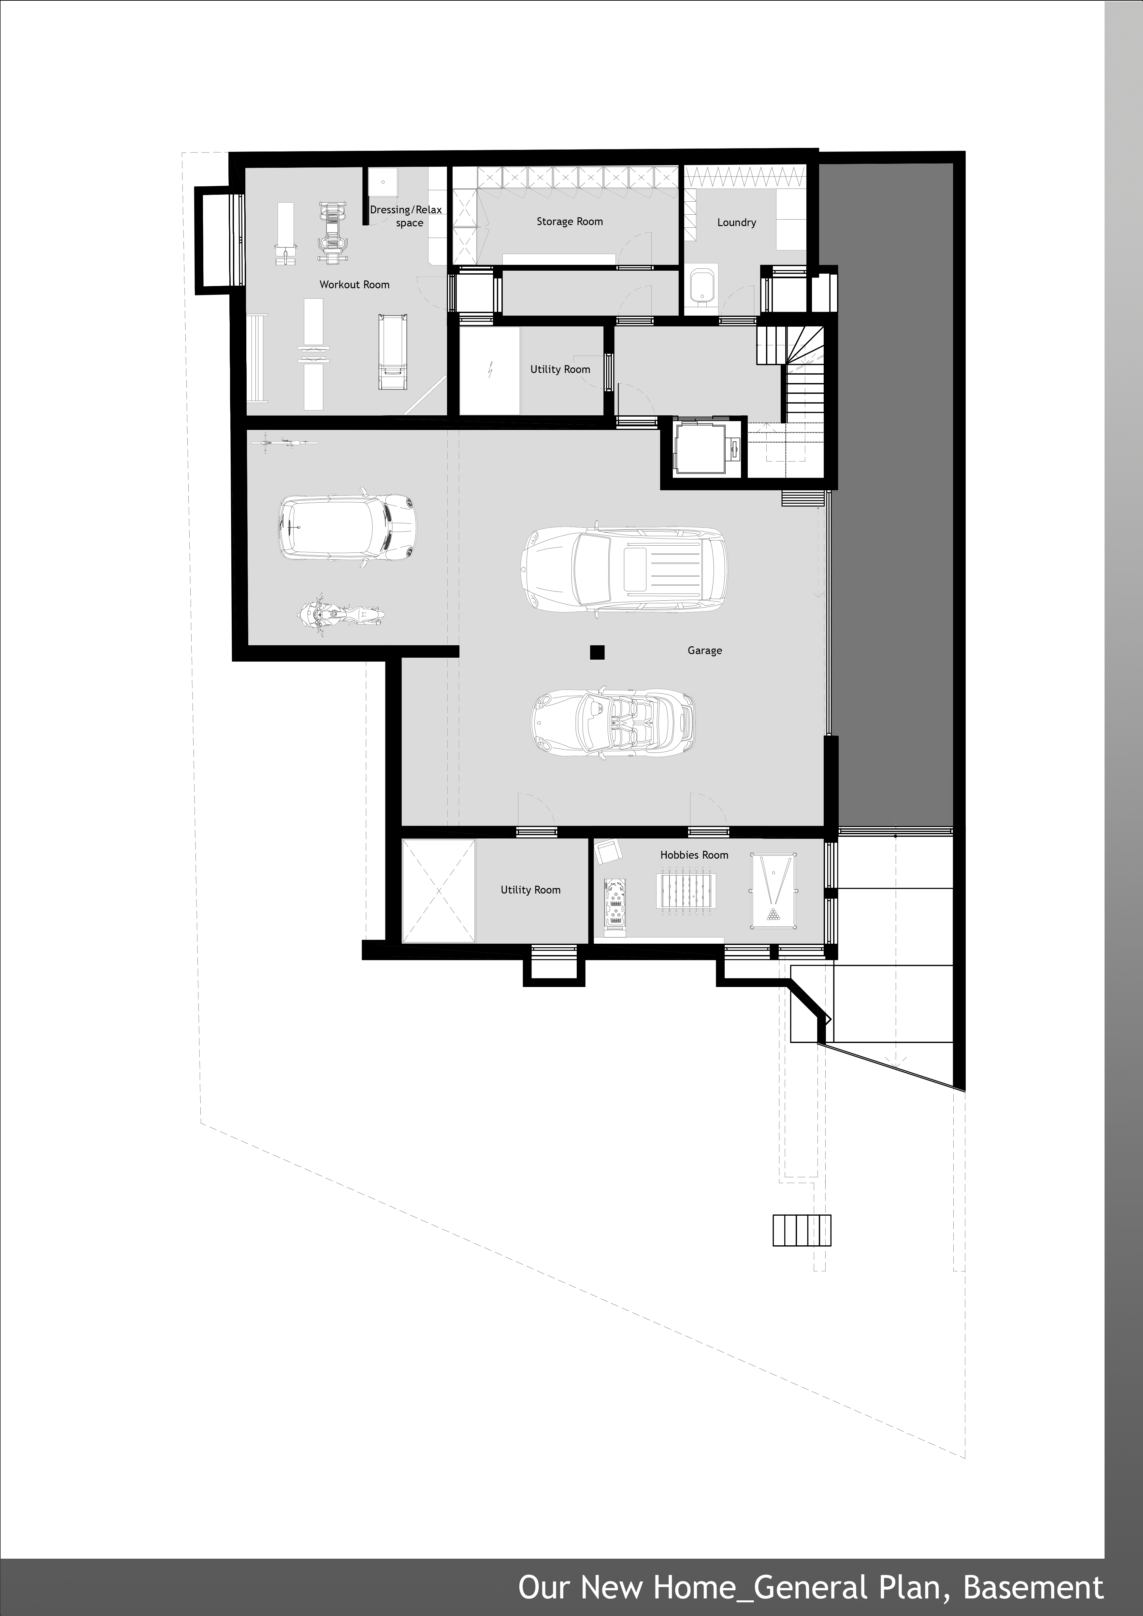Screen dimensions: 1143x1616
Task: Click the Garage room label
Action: coord(704,650)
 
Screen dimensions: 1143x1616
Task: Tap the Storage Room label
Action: coord(570,222)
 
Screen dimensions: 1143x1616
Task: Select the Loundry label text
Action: coord(736,222)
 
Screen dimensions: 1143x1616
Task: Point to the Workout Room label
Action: coord(354,284)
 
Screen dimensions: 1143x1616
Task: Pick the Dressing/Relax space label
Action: coord(406,216)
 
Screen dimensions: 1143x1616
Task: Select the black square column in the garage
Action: coord(597,652)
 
